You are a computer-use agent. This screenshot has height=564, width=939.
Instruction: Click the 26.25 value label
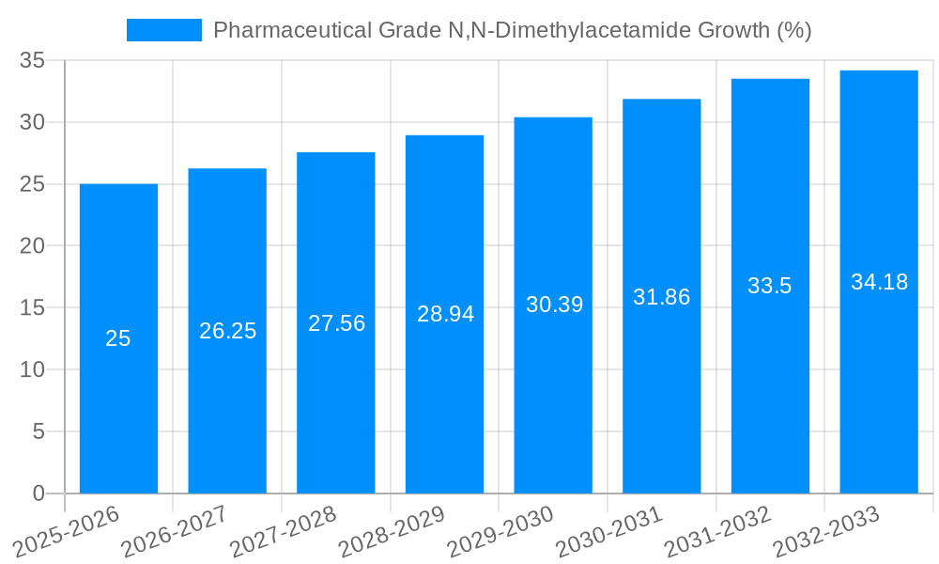point(227,331)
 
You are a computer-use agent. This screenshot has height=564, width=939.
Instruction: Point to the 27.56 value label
point(336,323)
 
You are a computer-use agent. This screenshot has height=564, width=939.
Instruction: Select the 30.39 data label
point(554,305)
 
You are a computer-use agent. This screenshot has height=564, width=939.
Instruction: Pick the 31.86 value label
point(661,297)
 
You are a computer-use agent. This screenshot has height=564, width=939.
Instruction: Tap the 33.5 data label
point(770,287)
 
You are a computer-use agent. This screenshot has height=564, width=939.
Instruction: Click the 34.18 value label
point(879,282)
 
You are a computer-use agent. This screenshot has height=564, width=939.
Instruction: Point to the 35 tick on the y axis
point(33,61)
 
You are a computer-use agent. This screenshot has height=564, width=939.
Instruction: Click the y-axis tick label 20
point(33,246)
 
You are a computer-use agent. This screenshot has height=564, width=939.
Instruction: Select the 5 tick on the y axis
point(38,431)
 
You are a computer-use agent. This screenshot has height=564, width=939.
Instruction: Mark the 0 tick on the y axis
point(38,493)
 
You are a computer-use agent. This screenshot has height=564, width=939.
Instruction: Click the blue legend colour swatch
point(164,30)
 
